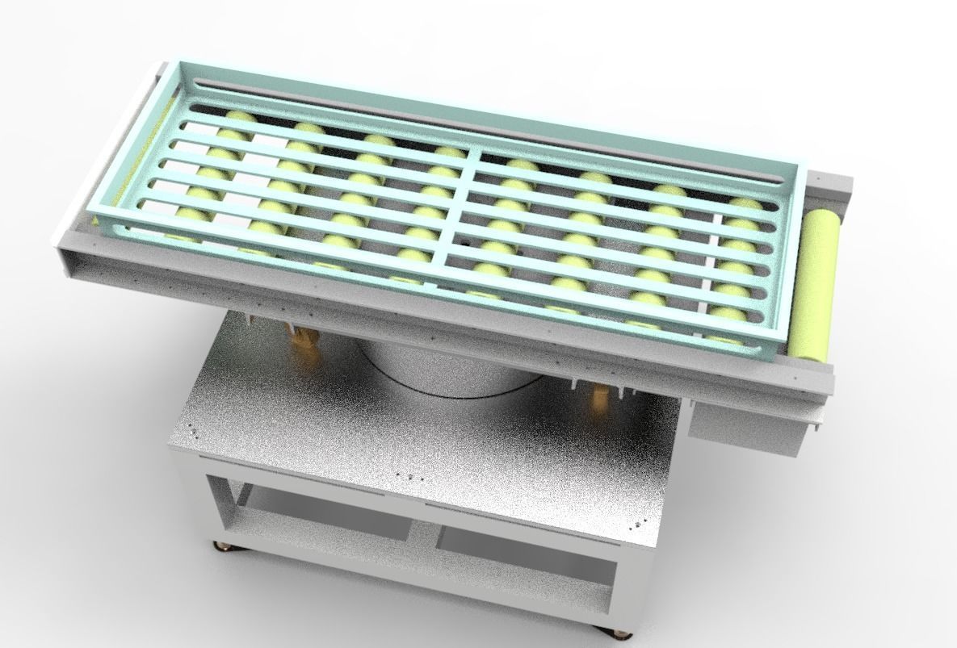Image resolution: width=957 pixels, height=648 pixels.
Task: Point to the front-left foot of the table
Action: pyautogui.click(x=220, y=546)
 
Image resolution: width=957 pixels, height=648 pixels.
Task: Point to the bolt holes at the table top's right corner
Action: pyautogui.click(x=641, y=524)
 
